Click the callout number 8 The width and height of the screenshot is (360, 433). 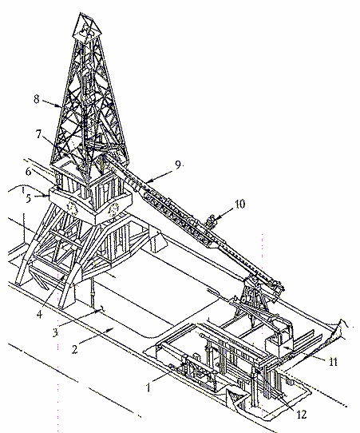tap(37, 99)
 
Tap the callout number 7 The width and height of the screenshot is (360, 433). tap(38, 134)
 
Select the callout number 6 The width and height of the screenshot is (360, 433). tap(29, 172)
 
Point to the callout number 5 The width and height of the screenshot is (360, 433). tap(29, 198)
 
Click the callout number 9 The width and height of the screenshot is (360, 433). tap(178, 165)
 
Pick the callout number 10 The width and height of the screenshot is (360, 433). tap(239, 204)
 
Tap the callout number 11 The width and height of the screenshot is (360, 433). tap(333, 361)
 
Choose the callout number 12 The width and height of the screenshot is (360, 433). tap(301, 414)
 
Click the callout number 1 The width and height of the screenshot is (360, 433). tap(148, 387)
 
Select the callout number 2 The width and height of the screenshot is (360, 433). tap(74, 349)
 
